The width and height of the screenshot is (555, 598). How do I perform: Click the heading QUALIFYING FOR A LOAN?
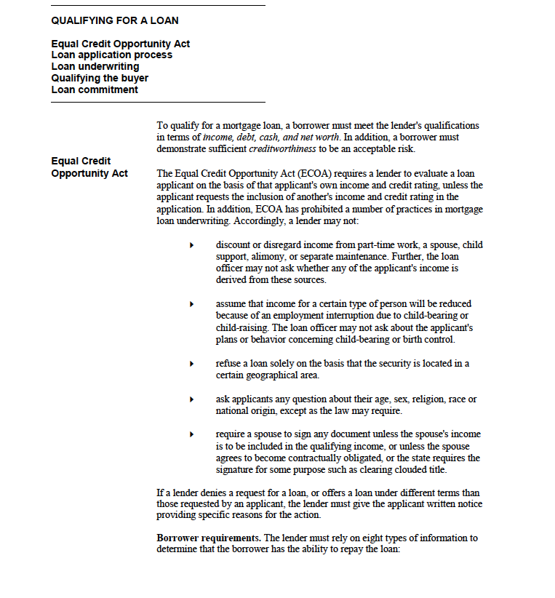115,20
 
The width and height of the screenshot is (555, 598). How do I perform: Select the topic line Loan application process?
112,55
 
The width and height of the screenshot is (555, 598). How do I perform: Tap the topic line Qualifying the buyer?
100,78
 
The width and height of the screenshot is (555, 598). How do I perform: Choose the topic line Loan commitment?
95,89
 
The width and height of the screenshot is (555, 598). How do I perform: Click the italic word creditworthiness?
282,149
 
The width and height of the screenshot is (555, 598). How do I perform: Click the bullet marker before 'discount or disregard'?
191,245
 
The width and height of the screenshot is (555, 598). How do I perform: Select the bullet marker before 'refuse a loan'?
191,364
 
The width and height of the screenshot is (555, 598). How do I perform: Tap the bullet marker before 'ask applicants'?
191,399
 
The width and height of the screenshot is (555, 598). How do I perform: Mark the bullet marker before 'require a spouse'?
191,434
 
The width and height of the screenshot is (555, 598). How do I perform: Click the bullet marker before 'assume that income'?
191,304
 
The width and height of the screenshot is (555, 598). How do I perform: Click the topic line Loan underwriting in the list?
95,66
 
